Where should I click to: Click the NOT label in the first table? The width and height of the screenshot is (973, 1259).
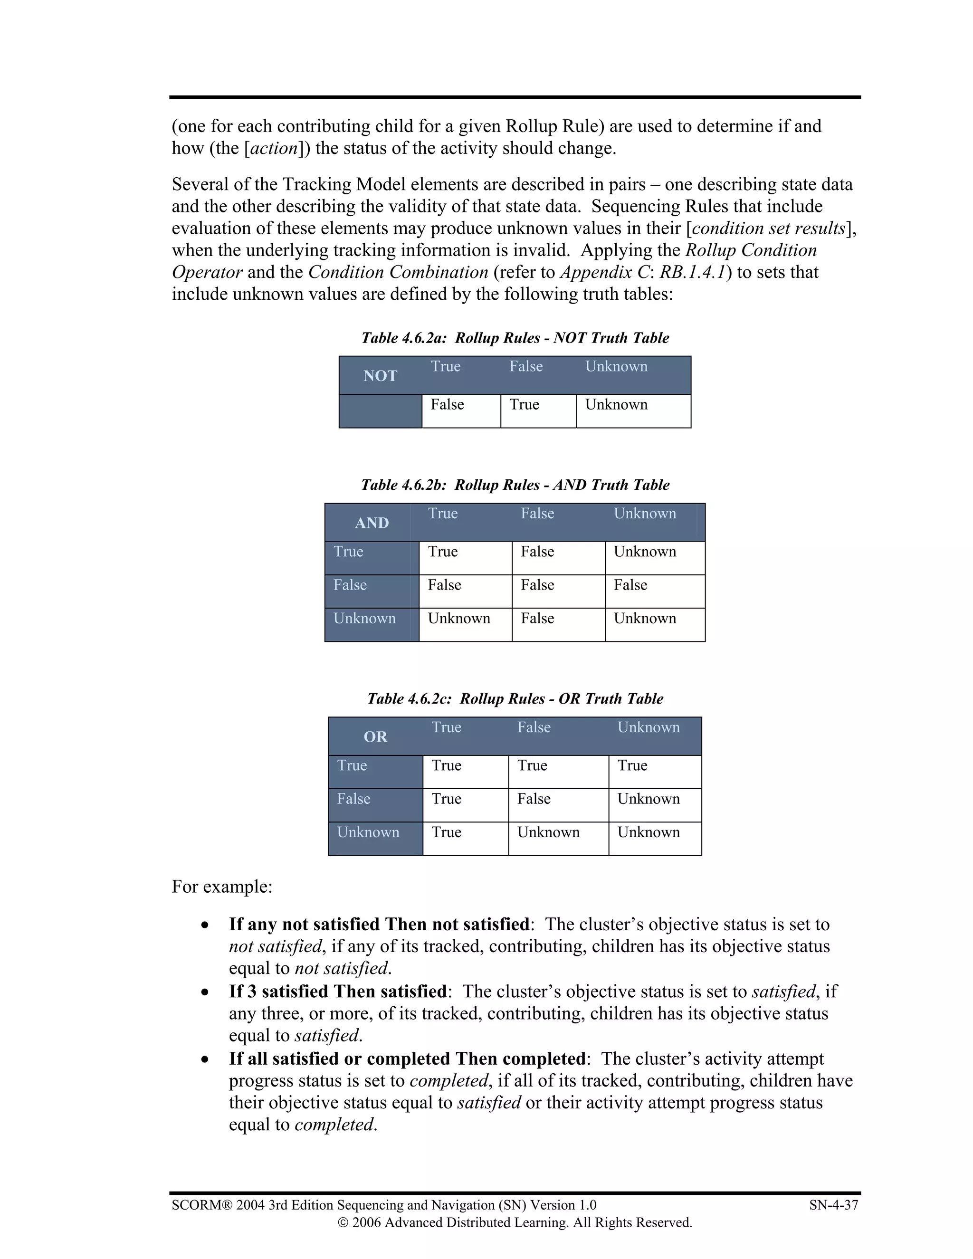(380, 376)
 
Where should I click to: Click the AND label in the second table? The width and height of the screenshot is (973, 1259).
(372, 523)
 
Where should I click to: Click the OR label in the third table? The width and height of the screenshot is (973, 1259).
(375, 737)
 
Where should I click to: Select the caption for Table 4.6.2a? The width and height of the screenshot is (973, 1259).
(515, 338)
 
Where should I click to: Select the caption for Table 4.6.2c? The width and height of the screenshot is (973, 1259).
(515, 699)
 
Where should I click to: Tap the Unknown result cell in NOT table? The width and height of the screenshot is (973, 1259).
(616, 405)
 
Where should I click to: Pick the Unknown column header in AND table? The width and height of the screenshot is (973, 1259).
(644, 514)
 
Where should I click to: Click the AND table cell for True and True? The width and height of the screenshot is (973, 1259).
(443, 552)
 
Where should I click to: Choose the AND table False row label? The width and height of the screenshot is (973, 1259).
(350, 585)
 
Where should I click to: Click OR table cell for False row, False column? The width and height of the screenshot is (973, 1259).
(534, 799)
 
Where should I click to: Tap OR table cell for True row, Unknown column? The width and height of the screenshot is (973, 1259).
(632, 765)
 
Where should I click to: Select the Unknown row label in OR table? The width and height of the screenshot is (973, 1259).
(368, 832)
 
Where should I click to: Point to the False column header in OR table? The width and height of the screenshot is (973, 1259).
(534, 727)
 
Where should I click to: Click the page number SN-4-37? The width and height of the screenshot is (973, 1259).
(833, 1205)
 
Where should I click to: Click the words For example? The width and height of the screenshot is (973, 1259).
(222, 887)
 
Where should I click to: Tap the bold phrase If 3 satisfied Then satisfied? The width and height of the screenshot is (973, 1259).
(337, 992)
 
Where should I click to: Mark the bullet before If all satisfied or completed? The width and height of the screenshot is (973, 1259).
(205, 1059)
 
